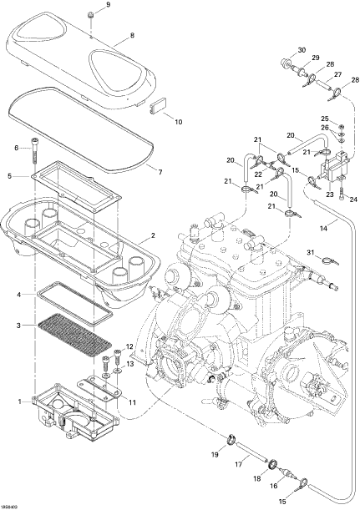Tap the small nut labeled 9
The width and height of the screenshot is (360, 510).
click(90, 15)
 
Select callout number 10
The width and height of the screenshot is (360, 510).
click(179, 122)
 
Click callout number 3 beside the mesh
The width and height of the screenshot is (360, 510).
click(18, 325)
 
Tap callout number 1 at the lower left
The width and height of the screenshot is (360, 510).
click(19, 401)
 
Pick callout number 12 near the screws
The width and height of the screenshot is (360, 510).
click(129, 346)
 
